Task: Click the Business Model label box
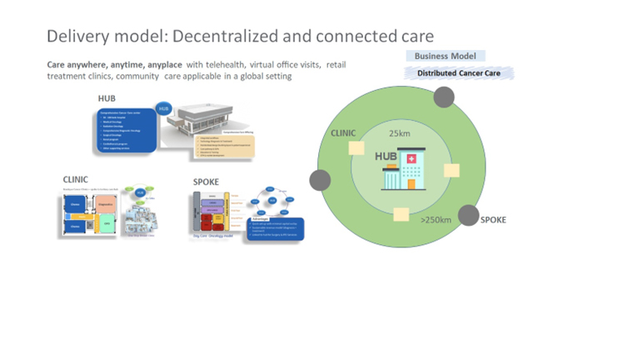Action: (445, 56)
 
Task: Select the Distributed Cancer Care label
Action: (460, 73)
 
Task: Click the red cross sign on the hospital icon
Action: (410, 160)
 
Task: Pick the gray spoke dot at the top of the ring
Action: (444, 97)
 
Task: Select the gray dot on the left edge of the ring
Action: (320, 179)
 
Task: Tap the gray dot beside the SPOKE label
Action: (469, 215)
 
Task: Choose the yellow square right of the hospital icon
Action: (451, 170)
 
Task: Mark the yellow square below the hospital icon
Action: (400, 214)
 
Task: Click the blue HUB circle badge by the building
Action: (164, 109)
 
